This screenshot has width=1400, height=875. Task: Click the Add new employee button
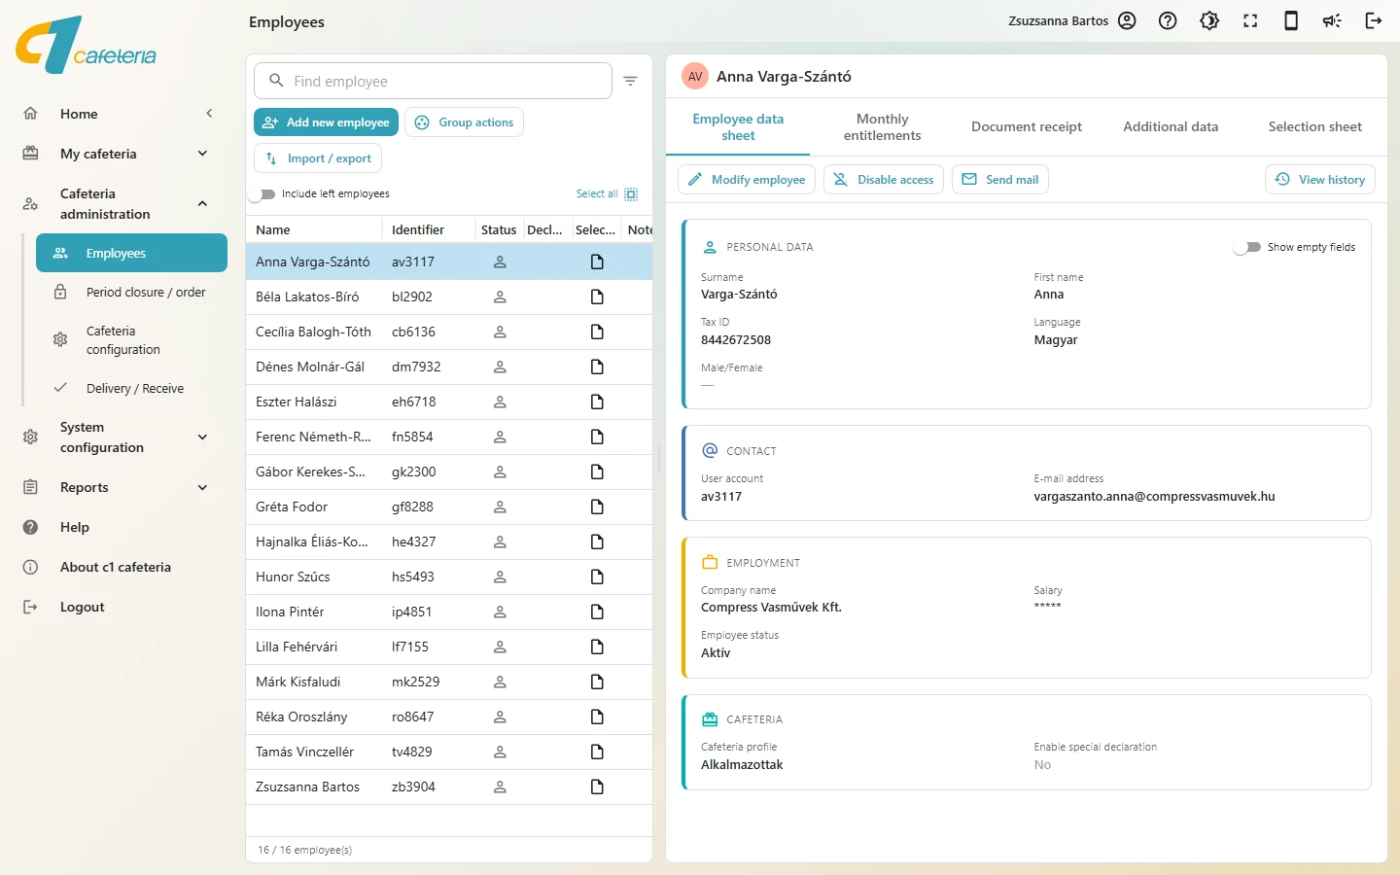point(326,122)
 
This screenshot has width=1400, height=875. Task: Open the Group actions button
point(464,122)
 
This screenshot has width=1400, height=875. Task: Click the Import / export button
point(318,158)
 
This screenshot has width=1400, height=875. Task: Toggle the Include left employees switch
point(262,194)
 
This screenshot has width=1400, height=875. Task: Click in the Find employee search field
point(433,82)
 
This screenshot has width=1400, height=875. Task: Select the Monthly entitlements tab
point(882,126)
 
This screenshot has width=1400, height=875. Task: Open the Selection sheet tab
point(1314,126)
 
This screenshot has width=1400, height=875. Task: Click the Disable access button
point(883,180)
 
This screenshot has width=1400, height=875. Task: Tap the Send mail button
point(1000,180)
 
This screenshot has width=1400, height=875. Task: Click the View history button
point(1320,180)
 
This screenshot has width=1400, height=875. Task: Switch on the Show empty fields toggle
point(1247,248)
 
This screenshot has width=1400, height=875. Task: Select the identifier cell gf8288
point(412,507)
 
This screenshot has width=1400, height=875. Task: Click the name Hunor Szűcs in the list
point(293,577)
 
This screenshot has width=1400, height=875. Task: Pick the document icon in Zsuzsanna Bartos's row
point(597,787)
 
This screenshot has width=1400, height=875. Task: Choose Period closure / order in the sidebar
point(146,293)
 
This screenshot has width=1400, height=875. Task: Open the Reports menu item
point(85,487)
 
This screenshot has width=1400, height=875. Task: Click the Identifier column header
point(418,230)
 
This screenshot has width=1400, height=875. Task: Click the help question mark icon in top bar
point(1168,21)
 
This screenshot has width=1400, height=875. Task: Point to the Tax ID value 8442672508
point(736,340)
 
